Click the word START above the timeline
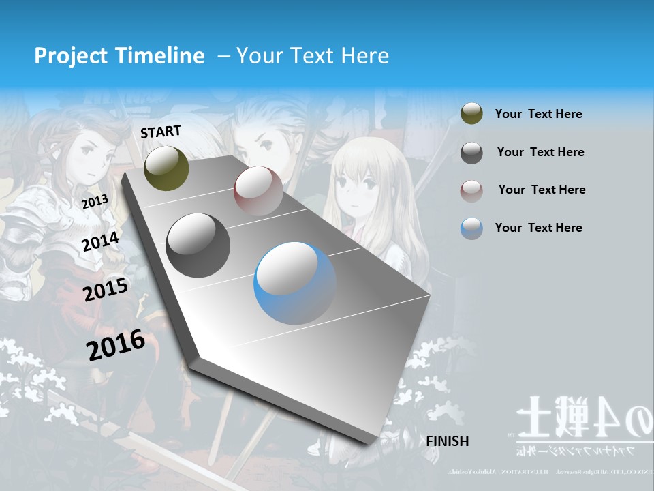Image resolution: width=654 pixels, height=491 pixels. coord(161,132)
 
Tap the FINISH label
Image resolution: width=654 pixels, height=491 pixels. coord(448,441)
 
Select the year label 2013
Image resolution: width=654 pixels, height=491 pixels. coord(95,202)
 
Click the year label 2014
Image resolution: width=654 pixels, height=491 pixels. coord(100,241)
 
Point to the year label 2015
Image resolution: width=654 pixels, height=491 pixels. coord(106,290)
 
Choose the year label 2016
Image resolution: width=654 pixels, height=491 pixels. coord(116,344)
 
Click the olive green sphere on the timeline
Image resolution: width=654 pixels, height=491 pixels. coord(166,168)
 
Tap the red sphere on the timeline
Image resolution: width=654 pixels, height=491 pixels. coord(258,191)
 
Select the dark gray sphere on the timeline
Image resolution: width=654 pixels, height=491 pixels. coord(198,245)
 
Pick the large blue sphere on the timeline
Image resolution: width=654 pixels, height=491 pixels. coord(295,283)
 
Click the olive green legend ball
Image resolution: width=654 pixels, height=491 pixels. coord(471,114)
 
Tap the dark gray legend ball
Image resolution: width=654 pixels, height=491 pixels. coord(471,152)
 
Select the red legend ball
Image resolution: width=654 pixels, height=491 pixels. coord(471,190)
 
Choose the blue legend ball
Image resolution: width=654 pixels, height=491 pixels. coord(471,228)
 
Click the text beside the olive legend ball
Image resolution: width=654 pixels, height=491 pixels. coord(538,114)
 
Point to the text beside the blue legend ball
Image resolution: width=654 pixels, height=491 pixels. coord(538,228)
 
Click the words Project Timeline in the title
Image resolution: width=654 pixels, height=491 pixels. coord(119,56)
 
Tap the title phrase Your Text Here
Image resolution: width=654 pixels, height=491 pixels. coord(312,56)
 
